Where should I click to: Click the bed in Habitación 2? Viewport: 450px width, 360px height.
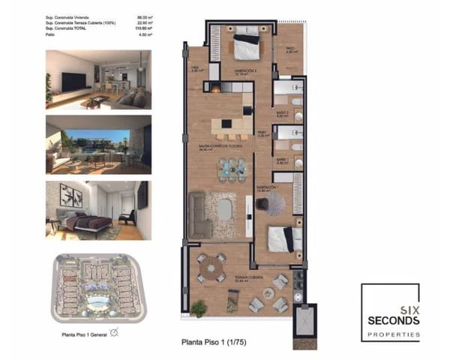coord(244,46)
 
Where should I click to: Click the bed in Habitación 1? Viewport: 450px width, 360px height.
coord(284,239)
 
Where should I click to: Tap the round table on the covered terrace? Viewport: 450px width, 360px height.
coord(211,266)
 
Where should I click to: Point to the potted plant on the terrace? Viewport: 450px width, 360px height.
coord(199,307)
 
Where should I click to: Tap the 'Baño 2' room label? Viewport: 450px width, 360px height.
coord(282,115)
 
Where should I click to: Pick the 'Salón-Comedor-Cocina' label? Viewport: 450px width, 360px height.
coord(213,147)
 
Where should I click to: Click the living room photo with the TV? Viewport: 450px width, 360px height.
coord(98,79)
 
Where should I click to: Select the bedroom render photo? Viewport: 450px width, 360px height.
coord(98,210)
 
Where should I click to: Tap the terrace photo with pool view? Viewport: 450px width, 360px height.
coord(98,145)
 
